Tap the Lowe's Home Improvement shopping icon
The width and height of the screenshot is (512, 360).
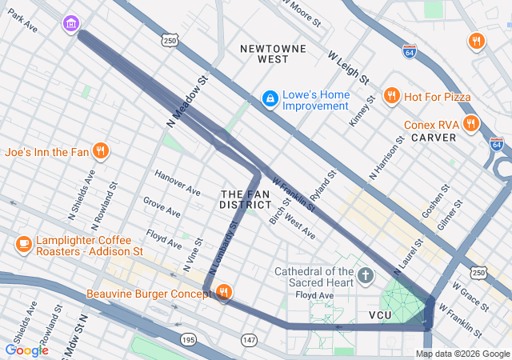point(270,98)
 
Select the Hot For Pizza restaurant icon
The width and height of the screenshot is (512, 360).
point(391,97)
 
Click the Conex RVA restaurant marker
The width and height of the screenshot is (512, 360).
point(470,124)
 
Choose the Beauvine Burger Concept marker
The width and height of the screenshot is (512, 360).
point(224,294)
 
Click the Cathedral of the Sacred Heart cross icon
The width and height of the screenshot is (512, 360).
point(366,278)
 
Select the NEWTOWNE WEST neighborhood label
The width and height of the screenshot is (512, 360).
point(274,54)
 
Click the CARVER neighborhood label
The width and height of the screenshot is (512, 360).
point(433,138)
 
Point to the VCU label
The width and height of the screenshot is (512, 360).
point(380,316)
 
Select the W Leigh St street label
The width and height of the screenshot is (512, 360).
point(348,68)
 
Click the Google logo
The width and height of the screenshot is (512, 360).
point(26,350)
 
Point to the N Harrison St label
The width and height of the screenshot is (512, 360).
point(386,158)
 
